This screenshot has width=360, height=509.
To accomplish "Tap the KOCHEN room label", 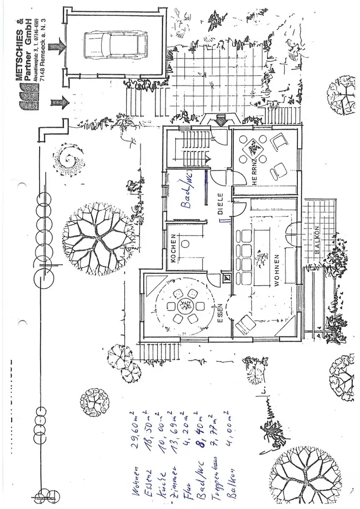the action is tap(173, 248).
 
